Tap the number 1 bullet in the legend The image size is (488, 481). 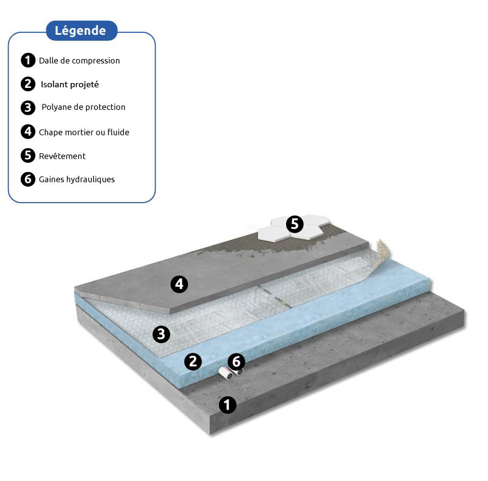point(28,60)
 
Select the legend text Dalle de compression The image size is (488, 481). point(79,60)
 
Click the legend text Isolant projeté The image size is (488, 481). point(70,84)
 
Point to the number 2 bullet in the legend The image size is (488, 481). point(28,84)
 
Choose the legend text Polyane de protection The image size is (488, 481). point(84,107)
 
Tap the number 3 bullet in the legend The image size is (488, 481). point(28,107)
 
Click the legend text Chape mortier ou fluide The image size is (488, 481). point(84,132)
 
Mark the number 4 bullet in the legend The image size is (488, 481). point(28,131)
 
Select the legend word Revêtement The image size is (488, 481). point(62,156)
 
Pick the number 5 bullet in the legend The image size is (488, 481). point(28,155)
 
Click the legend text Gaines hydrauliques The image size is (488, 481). point(77,179)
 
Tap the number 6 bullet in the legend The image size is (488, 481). point(28,179)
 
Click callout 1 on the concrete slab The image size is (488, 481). point(228,405)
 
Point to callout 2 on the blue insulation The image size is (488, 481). point(193,362)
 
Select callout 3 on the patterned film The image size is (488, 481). point(161,335)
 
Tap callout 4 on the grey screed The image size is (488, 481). point(179,284)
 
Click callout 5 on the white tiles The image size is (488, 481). point(295,224)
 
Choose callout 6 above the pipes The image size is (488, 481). point(236,362)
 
